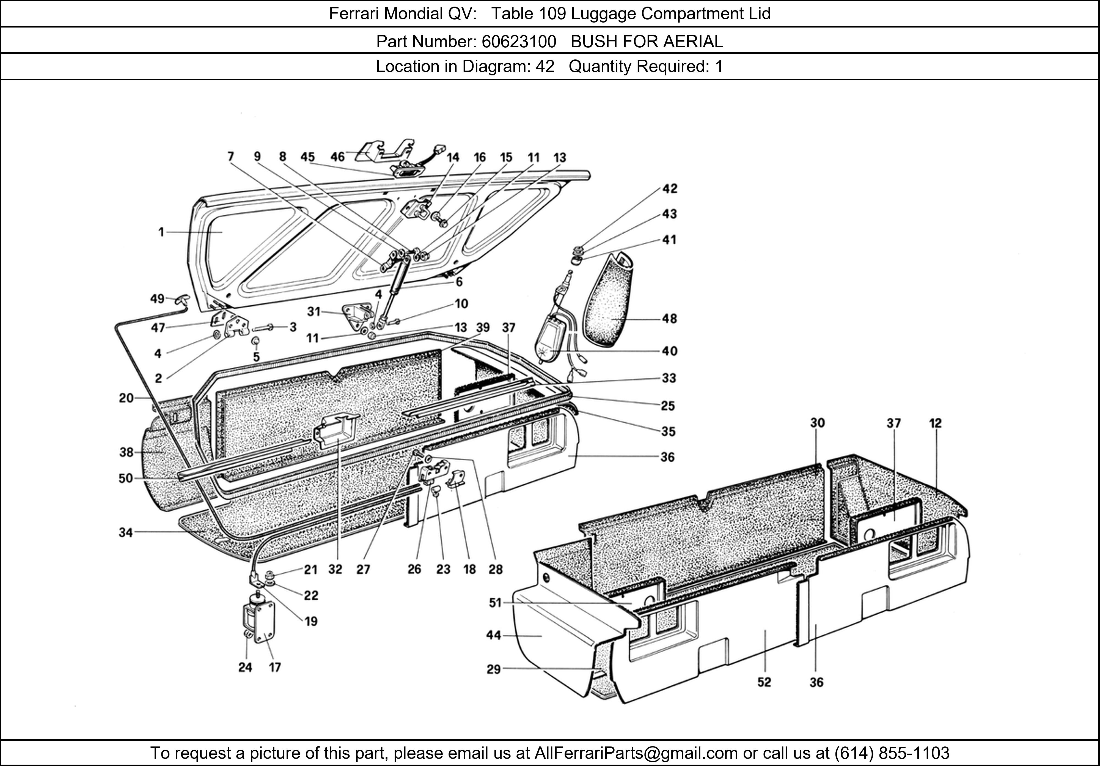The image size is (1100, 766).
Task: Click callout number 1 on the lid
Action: coord(161,232)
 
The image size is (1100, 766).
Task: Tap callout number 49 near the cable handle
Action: coord(157,299)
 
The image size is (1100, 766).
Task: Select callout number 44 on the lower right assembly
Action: coord(493,635)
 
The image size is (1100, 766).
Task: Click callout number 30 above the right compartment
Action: coord(817,423)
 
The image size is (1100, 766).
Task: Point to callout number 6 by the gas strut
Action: coord(459,282)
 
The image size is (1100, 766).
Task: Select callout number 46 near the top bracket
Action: coord(337,157)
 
